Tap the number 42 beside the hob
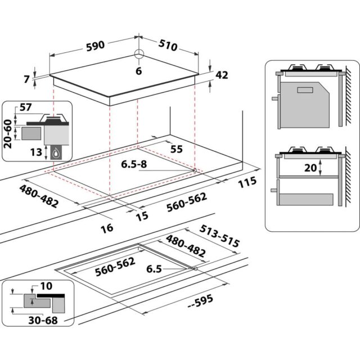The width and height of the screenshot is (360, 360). point(222,76)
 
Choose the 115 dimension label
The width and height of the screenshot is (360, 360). point(247,182)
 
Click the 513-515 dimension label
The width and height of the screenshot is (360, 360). point(220,236)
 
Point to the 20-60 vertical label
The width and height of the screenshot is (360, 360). point(8,133)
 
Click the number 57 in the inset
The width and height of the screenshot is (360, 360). point(26,107)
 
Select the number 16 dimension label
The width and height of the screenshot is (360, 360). point(107,227)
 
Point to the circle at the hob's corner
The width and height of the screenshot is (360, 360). point(139,54)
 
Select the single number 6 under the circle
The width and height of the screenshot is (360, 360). point(138,71)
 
